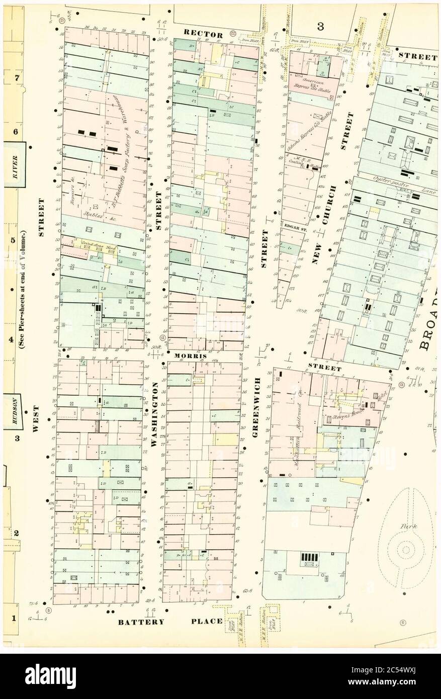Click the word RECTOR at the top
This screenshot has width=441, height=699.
(203, 34)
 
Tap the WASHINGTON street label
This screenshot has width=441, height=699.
(155, 415)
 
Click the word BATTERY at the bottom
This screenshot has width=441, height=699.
(141, 622)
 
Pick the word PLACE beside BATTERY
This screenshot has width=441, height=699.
(207, 622)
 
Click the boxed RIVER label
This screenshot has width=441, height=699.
(15, 166)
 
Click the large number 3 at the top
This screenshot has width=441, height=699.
(320, 26)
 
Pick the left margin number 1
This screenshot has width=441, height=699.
(15, 618)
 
